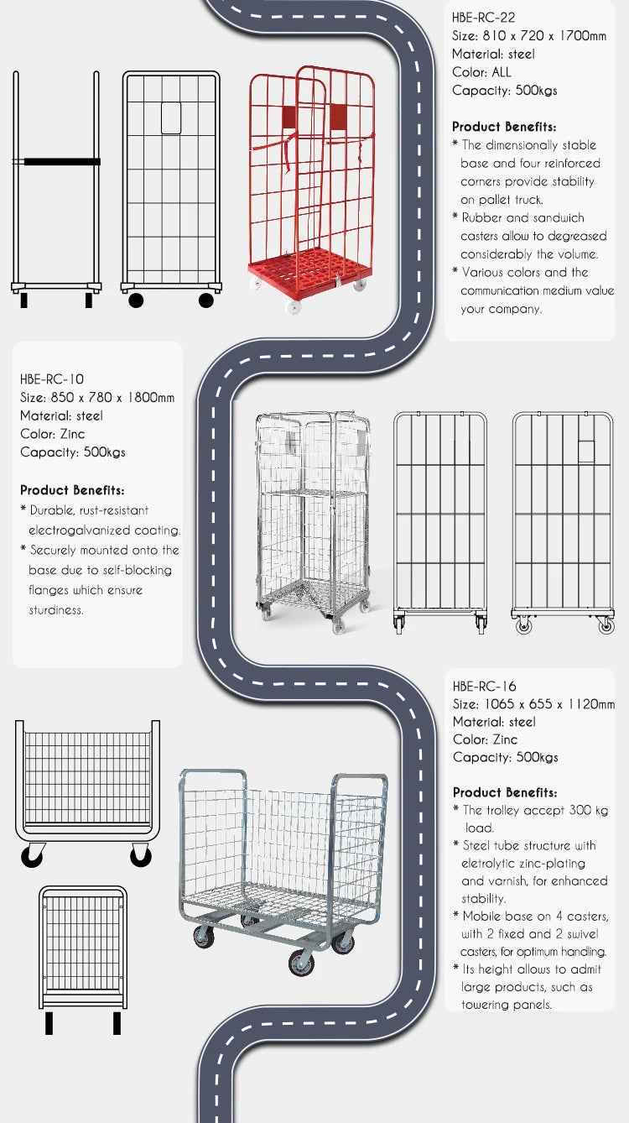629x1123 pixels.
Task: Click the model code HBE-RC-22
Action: [x=483, y=18]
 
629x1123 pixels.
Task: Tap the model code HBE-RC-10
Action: [x=52, y=379]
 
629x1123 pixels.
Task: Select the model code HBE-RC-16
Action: [x=484, y=687]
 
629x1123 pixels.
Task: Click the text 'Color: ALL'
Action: [x=481, y=72]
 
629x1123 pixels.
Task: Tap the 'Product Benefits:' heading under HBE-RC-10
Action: [x=72, y=490]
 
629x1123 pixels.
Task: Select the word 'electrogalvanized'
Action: [x=79, y=530]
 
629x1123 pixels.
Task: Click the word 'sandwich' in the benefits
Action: [x=559, y=217]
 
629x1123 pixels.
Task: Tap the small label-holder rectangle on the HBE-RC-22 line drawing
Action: [x=171, y=118]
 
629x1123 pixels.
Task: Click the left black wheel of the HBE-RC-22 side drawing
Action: [x=136, y=300]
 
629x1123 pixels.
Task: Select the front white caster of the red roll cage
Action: [x=293, y=307]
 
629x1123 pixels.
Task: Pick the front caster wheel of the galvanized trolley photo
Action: [x=301, y=964]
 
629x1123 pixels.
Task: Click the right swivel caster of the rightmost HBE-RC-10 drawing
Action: [x=606, y=624]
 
